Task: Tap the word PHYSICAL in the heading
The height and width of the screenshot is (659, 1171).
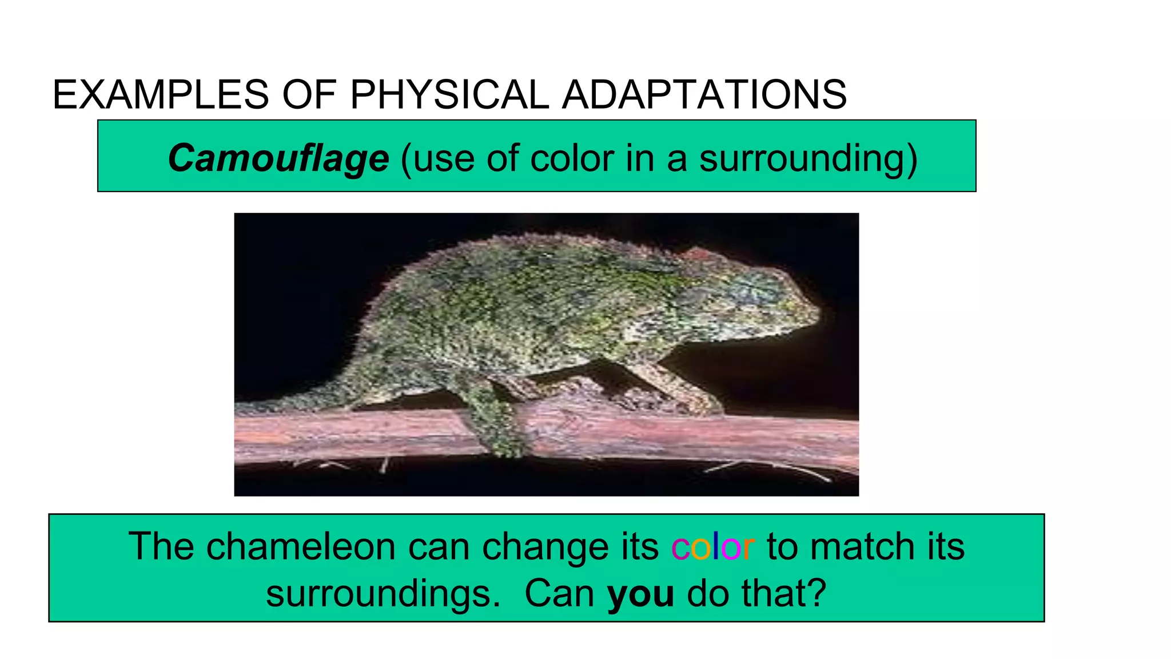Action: click(x=449, y=94)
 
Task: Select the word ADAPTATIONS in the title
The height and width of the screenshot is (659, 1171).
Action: click(x=704, y=94)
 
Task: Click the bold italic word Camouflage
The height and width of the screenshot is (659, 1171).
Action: click(x=278, y=158)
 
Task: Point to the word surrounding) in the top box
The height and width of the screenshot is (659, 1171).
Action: click(x=808, y=158)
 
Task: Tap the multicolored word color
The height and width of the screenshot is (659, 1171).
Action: click(x=712, y=546)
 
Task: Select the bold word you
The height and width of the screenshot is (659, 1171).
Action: click(x=640, y=593)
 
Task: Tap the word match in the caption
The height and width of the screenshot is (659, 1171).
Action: click(x=862, y=546)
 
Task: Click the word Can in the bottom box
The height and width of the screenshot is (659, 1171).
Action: click(x=559, y=593)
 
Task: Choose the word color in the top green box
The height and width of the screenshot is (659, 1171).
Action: click(x=572, y=158)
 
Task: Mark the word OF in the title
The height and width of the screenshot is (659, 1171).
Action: click(x=309, y=94)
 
